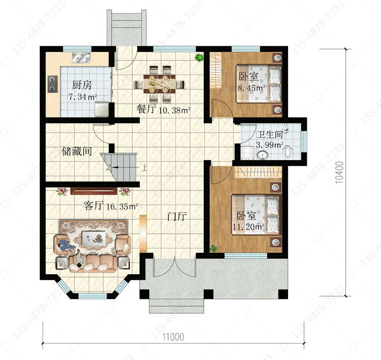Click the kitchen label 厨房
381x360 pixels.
click(82, 85)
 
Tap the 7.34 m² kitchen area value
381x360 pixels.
click(83, 97)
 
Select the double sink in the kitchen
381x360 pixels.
click(81, 57)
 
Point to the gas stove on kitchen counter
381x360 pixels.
click(53, 84)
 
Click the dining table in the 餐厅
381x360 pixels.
click(159, 84)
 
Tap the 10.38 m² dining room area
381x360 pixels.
click(174, 110)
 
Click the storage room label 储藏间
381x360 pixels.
click(77, 152)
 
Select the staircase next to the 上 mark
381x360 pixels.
click(119, 167)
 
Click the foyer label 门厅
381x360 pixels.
click(177, 216)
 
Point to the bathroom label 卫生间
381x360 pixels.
click(270, 135)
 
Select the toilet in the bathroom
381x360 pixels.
click(287, 151)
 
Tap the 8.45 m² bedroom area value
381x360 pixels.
click(251, 88)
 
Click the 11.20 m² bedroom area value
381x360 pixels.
click(248, 227)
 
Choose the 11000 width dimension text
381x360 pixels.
click(173, 337)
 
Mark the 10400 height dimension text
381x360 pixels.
click(339, 172)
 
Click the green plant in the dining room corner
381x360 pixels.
click(199, 57)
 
